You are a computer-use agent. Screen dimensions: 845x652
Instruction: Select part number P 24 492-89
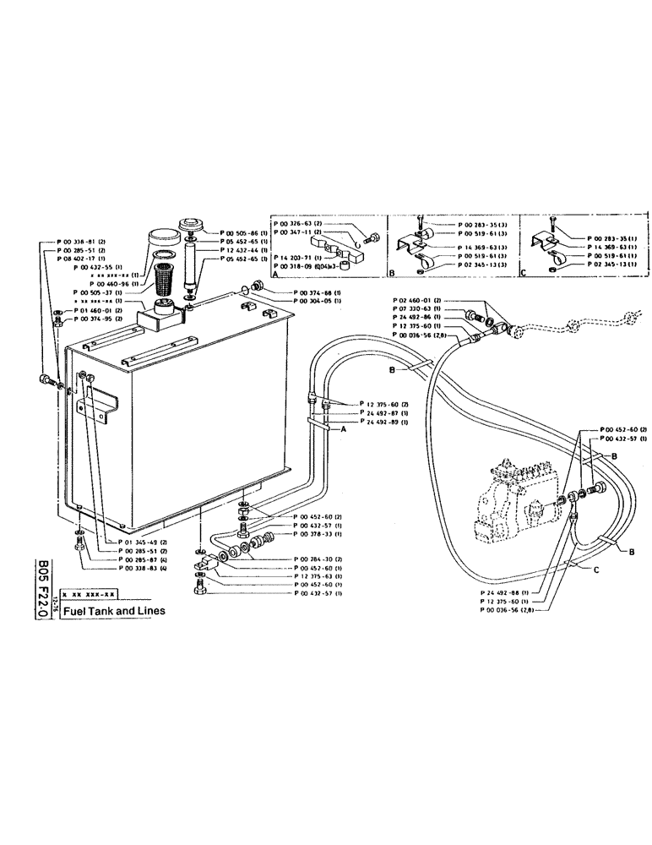click(x=384, y=420)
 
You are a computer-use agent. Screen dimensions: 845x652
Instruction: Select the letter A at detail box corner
click(x=274, y=273)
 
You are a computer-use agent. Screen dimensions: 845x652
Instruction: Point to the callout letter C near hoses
click(x=596, y=570)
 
